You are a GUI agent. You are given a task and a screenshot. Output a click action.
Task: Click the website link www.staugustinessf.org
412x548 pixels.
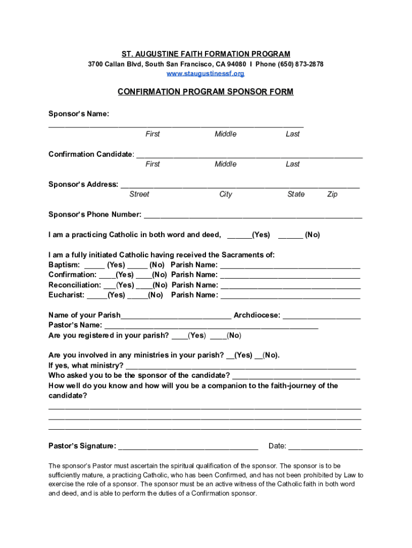point(205,73)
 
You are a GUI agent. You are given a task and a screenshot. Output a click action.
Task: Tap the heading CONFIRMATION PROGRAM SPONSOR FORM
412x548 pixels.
point(205,92)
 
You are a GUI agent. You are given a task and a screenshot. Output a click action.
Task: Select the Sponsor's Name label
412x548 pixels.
point(79,114)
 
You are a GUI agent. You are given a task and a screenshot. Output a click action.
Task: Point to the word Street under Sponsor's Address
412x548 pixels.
point(139,194)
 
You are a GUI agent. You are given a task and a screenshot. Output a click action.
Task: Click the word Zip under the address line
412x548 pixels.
point(332,194)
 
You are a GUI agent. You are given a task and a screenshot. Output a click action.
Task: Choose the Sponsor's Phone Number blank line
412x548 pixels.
point(253,216)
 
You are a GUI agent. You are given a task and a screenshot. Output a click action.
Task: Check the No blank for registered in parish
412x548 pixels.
point(218,337)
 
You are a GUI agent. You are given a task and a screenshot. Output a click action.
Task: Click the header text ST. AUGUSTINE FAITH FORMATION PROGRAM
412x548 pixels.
point(205,54)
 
